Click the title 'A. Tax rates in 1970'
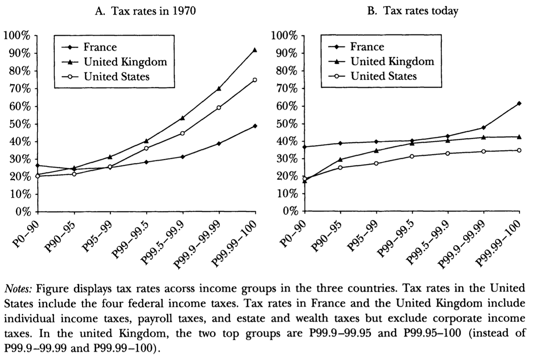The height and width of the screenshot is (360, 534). (x=145, y=11)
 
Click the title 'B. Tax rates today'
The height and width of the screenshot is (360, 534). (x=412, y=11)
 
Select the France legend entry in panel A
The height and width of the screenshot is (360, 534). (x=100, y=47)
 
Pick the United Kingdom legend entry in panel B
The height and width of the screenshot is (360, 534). (x=392, y=62)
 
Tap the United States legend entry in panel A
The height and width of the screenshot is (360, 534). (x=116, y=76)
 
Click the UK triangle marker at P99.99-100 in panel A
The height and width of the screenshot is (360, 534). (x=255, y=50)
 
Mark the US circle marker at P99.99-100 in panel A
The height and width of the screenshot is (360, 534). (x=255, y=80)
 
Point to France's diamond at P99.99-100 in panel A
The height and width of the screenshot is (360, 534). (x=255, y=126)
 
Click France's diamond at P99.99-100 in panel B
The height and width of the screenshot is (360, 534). (x=519, y=103)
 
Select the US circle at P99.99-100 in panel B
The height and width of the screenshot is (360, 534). (x=519, y=150)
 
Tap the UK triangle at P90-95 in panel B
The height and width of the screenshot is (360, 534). (x=340, y=159)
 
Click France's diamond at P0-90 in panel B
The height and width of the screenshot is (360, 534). (x=304, y=147)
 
